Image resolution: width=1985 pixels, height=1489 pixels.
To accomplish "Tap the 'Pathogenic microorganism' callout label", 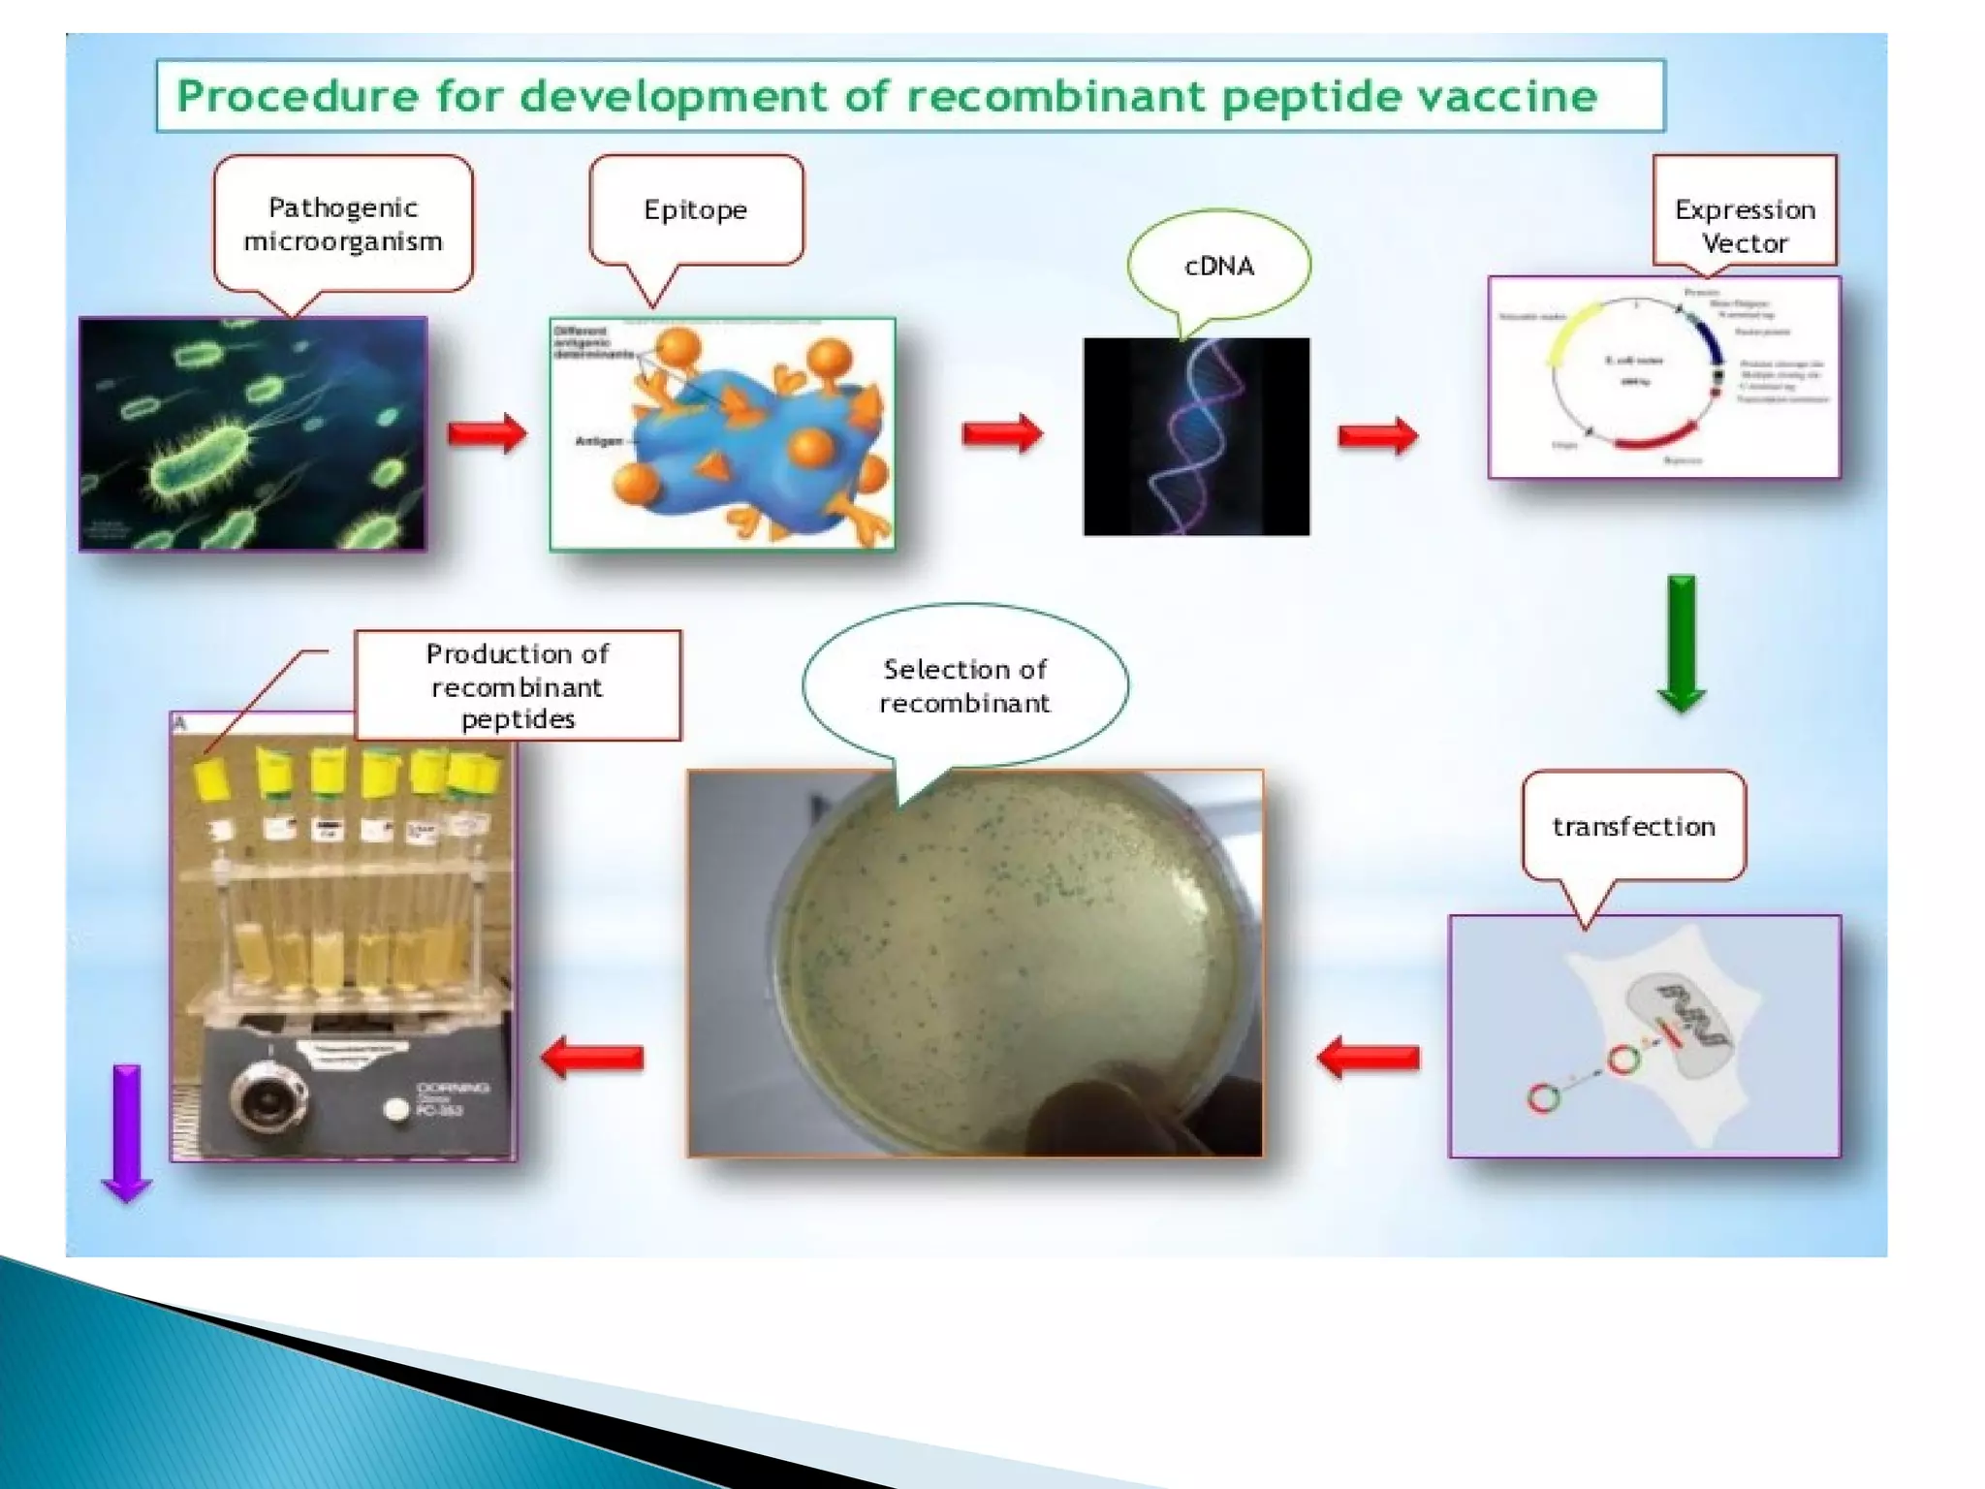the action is [x=343, y=224].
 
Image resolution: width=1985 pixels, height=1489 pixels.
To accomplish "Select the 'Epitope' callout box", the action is [x=696, y=209].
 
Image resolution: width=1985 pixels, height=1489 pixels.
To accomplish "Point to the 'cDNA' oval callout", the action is [x=1218, y=266].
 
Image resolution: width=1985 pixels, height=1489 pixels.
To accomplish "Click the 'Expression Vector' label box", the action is [x=1745, y=225].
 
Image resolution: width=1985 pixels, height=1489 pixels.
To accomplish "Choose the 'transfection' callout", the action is [x=1633, y=826].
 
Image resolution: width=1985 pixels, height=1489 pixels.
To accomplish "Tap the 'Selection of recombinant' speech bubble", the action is [x=964, y=685].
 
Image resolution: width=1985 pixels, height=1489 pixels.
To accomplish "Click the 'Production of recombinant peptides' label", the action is [x=518, y=685].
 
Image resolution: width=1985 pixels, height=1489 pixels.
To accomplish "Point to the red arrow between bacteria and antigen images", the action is [x=488, y=432].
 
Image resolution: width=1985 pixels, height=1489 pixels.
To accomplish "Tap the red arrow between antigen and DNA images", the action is [x=1002, y=432].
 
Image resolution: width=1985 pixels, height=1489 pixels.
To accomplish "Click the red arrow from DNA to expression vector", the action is [x=1377, y=435].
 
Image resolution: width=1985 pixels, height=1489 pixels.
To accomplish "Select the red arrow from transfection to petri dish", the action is [x=1369, y=1057].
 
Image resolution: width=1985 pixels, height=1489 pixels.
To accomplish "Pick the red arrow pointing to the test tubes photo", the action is [x=592, y=1057].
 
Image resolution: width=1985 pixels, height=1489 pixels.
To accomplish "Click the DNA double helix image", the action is [x=1196, y=436].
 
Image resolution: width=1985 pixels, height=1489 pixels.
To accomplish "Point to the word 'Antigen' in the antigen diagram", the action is [x=599, y=441].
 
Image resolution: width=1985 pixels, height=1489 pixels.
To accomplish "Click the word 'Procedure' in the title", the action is [x=298, y=96].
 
